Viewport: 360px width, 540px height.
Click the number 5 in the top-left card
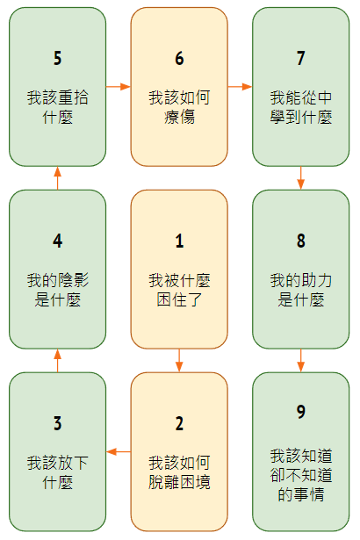pyautogui.click(x=58, y=58)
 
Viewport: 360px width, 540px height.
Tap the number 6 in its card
pyautogui.click(x=179, y=58)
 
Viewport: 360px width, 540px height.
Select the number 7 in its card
pyautogui.click(x=301, y=58)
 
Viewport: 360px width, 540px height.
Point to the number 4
pyautogui.click(x=58, y=241)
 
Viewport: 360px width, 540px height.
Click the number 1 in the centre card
pyautogui.click(x=179, y=241)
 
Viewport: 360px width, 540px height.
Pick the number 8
pyautogui.click(x=301, y=241)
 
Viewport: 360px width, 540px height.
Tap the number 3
pyautogui.click(x=58, y=423)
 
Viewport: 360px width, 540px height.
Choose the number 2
pyautogui.click(x=179, y=423)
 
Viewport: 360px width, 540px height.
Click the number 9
pyautogui.click(x=301, y=412)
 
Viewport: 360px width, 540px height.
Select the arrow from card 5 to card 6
pyautogui.click(x=119, y=86)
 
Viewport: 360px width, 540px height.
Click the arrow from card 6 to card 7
pyautogui.click(x=240, y=86)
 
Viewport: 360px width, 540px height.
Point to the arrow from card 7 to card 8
pyautogui.click(x=301, y=178)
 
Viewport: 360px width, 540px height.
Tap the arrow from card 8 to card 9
pyautogui.click(x=301, y=361)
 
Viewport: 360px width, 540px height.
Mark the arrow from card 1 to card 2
pyautogui.click(x=179, y=361)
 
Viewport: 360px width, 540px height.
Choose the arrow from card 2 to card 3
pyautogui.click(x=119, y=451)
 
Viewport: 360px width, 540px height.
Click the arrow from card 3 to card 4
pyautogui.click(x=58, y=361)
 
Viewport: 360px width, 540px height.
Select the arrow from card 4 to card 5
pyautogui.click(x=58, y=178)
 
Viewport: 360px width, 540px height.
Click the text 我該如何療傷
pyautogui.click(x=179, y=107)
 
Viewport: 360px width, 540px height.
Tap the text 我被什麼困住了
pyautogui.click(x=179, y=290)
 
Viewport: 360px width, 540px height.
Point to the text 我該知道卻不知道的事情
pyautogui.click(x=301, y=475)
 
